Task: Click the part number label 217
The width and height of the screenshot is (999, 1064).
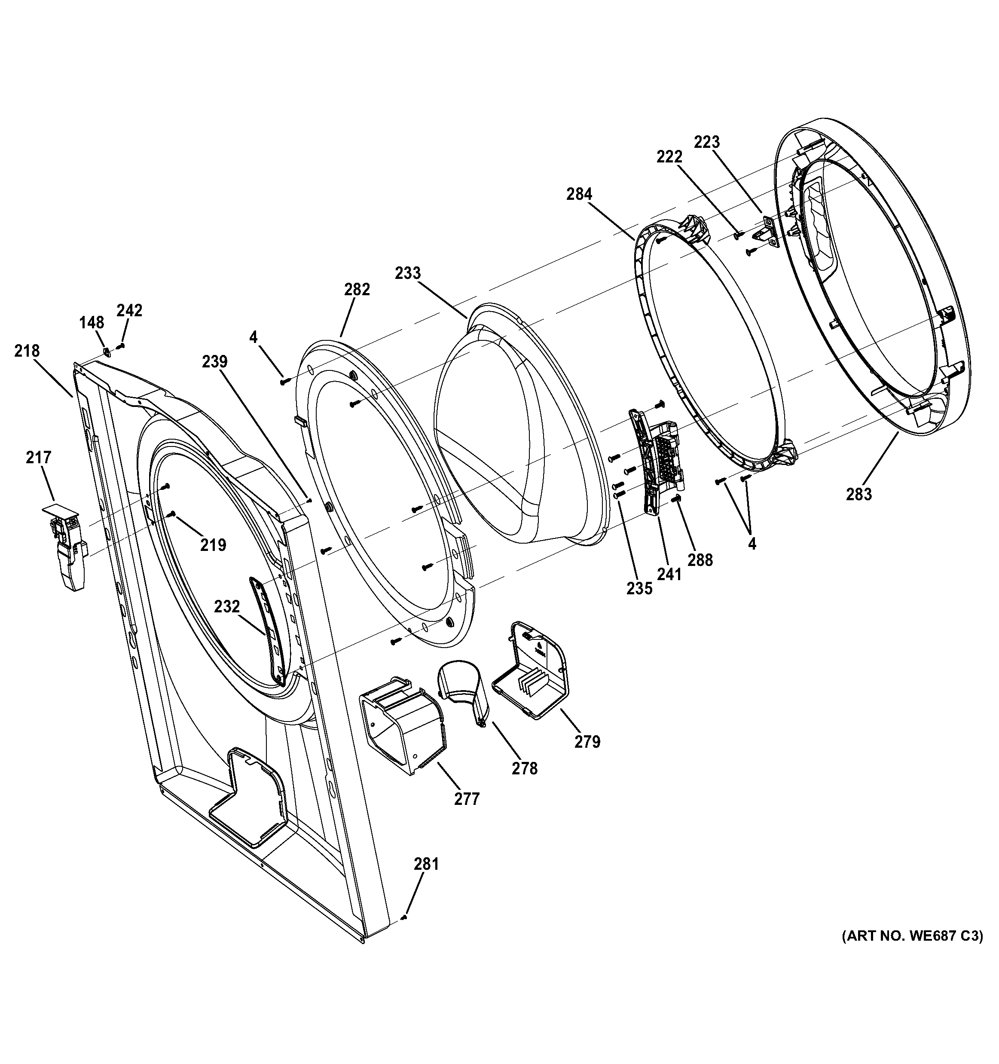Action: click(39, 458)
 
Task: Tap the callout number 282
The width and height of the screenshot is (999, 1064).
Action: click(357, 290)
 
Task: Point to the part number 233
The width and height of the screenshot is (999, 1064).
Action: click(408, 273)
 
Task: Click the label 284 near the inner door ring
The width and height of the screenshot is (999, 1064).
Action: click(580, 194)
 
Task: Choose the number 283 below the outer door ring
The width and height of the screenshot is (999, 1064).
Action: click(859, 495)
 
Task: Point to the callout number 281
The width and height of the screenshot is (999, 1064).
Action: click(427, 864)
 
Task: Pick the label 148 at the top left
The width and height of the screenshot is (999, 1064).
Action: click(92, 323)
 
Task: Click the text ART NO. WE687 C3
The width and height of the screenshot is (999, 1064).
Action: click(912, 951)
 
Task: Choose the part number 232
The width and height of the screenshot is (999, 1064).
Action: click(227, 606)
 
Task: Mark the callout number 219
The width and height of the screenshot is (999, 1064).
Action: click(214, 545)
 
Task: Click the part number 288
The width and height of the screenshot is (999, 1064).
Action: click(700, 560)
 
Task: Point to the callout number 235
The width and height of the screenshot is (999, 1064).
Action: click(640, 589)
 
